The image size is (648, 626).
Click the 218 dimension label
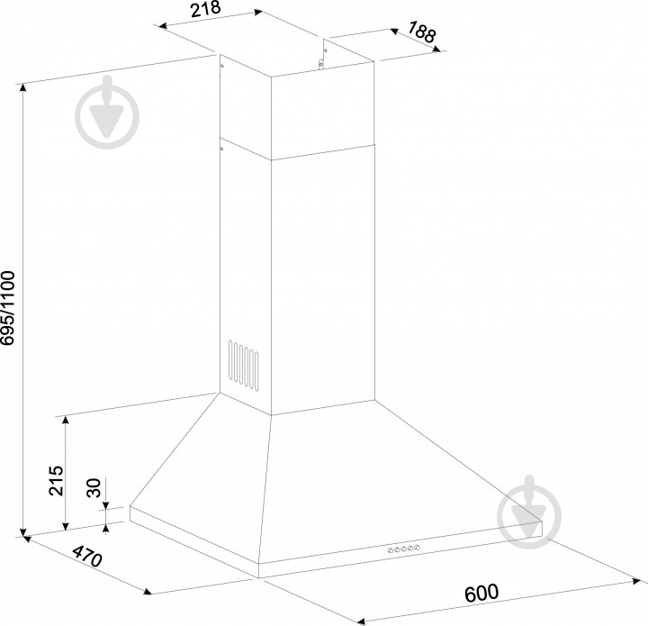tap(206, 8)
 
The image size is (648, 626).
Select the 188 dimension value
tap(421, 32)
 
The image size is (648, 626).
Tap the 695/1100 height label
tap(8, 308)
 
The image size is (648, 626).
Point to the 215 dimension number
tap(56, 481)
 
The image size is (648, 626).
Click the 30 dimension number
tap(94, 488)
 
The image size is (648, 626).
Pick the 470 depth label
tap(87, 556)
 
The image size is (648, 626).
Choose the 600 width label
tap(481, 593)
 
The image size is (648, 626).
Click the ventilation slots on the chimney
tap(244, 366)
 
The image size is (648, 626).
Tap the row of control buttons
tap(404, 549)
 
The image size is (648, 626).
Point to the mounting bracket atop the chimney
tap(320, 63)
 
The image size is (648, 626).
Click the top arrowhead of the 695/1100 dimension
tap(23, 87)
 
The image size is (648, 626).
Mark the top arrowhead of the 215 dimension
tap(66, 420)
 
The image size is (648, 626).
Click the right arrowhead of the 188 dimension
tap(436, 49)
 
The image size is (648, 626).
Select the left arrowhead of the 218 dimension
tap(164, 26)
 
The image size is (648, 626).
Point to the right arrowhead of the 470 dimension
tap(147, 592)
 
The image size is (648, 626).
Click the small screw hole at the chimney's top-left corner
tap(222, 66)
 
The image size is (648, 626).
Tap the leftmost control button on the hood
tap(391, 550)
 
